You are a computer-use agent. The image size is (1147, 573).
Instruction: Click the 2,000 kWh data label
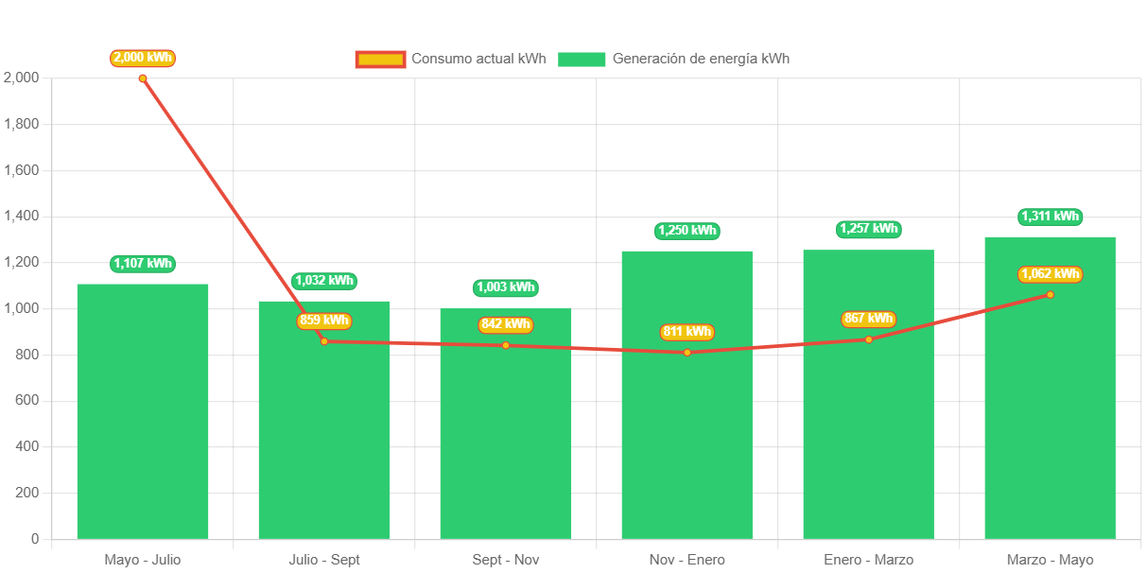tap(143, 58)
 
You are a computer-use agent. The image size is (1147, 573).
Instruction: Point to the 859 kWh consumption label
tap(323, 321)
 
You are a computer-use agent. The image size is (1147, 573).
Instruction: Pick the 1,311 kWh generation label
tap(1050, 217)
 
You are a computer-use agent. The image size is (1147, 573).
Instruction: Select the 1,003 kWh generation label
tap(505, 287)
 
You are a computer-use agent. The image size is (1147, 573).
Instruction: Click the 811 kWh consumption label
tap(686, 332)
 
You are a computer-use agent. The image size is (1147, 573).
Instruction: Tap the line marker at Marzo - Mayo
tap(1050, 295)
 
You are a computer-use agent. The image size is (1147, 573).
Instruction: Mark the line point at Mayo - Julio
tap(143, 78)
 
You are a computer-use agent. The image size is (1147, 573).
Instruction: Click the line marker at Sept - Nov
tap(506, 345)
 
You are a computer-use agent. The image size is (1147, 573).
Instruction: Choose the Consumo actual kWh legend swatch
tap(380, 60)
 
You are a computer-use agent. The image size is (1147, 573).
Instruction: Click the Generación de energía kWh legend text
tap(701, 59)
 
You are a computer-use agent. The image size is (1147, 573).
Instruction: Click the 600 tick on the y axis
tap(27, 401)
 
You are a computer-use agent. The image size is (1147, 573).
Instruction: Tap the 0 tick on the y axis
tap(35, 539)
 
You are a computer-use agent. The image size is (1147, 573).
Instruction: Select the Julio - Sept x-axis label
tap(324, 560)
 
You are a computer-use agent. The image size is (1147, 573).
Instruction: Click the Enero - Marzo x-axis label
tap(868, 560)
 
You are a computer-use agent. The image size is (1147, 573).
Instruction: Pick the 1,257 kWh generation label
tap(868, 229)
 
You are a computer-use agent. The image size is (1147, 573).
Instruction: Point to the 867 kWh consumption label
tap(868, 319)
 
